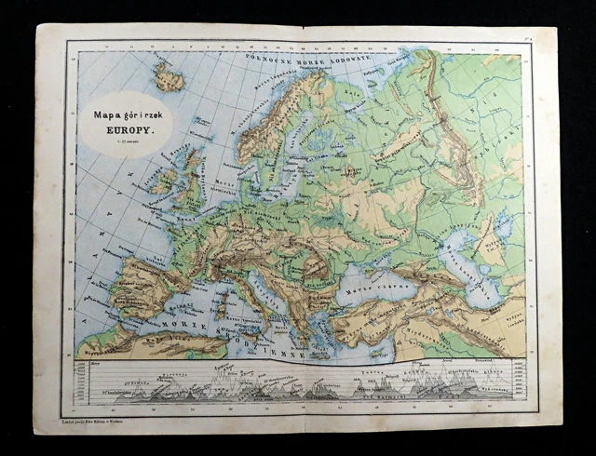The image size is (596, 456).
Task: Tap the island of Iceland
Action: pyautogui.click(x=169, y=78)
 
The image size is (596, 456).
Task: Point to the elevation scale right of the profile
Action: pyautogui.click(x=518, y=382)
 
